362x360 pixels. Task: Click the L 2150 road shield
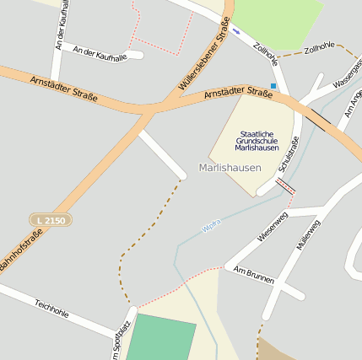[x=50, y=219]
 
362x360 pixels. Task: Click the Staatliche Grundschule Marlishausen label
[x=257, y=141]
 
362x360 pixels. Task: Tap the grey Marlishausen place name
[x=229, y=168]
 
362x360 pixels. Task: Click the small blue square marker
[x=273, y=85]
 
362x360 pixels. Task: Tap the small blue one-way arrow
[x=236, y=31]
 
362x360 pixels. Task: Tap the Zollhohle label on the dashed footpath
[x=320, y=50]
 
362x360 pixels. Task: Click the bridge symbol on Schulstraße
[x=285, y=186]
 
